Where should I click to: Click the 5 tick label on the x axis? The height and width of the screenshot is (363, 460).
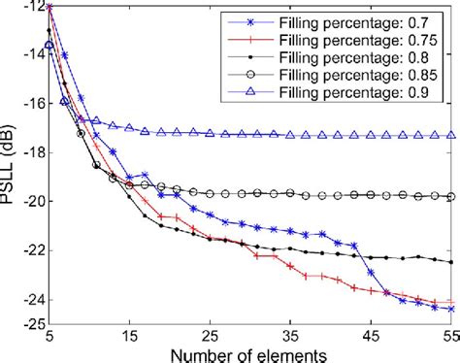[x=49, y=332]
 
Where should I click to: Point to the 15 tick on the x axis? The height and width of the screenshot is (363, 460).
[x=129, y=332]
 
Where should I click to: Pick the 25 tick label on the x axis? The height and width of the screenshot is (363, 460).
[x=210, y=332]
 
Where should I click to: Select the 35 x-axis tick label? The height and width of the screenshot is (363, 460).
[x=290, y=332]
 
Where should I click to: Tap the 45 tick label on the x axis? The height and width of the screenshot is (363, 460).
[x=371, y=332]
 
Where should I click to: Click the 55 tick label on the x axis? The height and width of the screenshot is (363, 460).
[x=449, y=332]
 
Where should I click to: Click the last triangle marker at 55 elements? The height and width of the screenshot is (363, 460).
[x=450, y=136]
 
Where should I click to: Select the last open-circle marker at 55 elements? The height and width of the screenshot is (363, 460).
[x=450, y=196]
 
